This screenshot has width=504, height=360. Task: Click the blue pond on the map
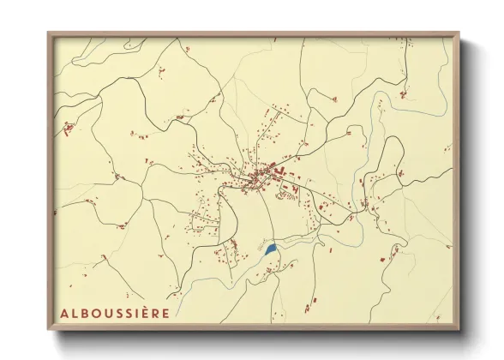point(271,249)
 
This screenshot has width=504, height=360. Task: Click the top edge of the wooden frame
point(253,34)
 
